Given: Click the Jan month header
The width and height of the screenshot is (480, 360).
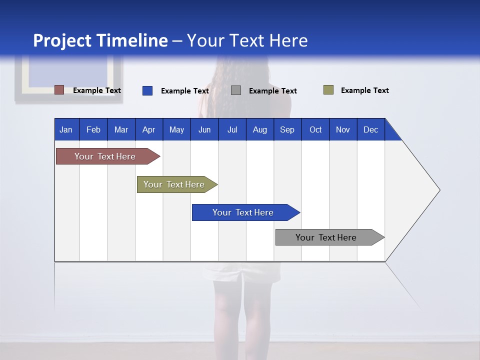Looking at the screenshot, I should coord(66,130).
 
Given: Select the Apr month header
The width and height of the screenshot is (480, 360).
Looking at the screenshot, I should coord(149,130).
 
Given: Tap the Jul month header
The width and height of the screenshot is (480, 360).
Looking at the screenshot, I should coord(232,130).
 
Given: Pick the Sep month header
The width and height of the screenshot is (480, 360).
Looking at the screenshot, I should coord(287,130).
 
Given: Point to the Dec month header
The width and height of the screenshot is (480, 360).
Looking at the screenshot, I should coord(370,130).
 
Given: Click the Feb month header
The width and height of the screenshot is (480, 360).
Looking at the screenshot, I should coord(93,130).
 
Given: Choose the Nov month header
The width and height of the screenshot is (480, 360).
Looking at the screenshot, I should coord(343,130).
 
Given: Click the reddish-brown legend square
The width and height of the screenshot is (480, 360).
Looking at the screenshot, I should coord(59,90).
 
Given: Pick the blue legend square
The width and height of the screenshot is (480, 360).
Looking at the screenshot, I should coord(147,90).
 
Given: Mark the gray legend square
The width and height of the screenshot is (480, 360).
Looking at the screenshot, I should coord(236,90).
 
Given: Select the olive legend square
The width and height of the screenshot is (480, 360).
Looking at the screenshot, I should coord(328,90).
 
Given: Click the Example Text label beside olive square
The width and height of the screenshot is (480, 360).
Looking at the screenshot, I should coord(364,90).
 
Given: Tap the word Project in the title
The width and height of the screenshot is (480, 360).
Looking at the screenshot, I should coord(62,40).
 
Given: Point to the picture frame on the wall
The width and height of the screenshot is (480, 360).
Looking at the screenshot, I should coord(69,77).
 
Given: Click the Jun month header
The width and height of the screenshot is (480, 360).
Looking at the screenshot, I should coord(204,130).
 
